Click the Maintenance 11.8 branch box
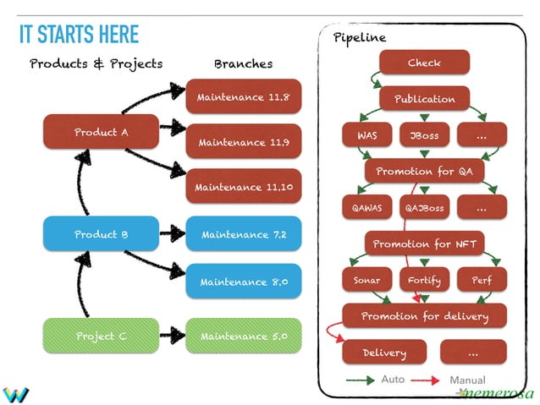point(243,97)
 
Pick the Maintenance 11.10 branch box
point(243,187)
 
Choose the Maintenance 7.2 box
point(243,234)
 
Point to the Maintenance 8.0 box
point(243,282)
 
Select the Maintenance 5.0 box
point(243,336)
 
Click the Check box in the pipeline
point(424,63)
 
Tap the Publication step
point(424,99)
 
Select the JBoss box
point(424,135)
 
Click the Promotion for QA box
point(424,172)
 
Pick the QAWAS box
point(366,208)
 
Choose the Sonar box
point(366,280)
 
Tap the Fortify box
point(424,280)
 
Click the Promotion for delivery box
point(424,316)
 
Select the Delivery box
point(383,353)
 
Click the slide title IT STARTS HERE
point(79,35)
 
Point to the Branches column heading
point(243,64)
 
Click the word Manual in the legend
point(467,380)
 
